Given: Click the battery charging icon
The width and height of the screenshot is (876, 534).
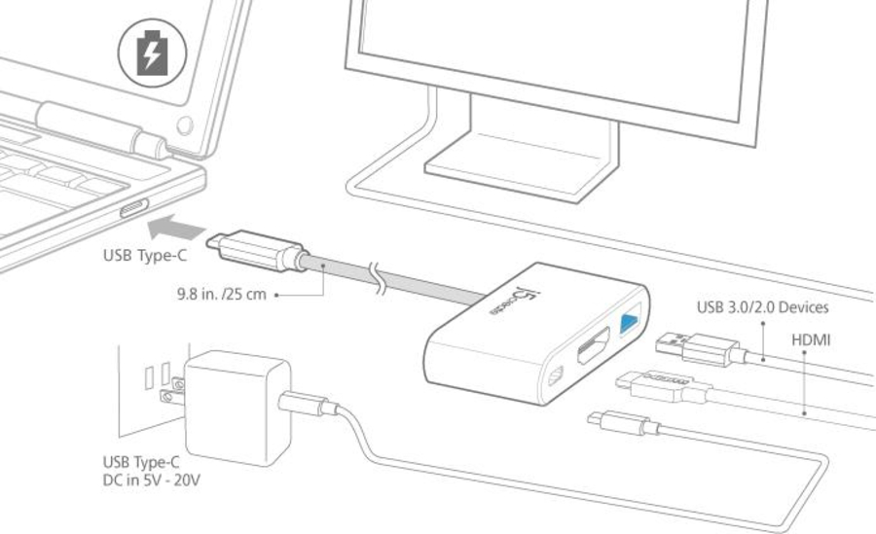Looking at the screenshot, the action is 152,53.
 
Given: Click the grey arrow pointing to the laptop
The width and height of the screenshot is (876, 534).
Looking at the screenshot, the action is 176,227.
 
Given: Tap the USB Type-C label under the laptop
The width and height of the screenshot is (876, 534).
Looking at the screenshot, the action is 145,255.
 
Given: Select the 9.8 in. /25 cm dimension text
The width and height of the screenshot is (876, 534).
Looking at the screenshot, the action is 222,294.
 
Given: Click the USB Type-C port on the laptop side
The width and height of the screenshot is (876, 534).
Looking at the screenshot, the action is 134,208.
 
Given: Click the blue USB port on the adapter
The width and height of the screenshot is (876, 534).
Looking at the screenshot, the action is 629,323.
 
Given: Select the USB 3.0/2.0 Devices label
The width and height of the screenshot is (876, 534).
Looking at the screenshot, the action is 762,307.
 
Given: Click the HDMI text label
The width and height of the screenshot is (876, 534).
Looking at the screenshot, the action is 811,339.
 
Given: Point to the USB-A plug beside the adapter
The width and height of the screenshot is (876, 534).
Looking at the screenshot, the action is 700,348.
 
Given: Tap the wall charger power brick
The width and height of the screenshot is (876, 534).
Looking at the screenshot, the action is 237,408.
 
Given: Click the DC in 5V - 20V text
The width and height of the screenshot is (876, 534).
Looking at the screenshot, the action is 152,480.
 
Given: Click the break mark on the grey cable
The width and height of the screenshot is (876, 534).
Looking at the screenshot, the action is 379,277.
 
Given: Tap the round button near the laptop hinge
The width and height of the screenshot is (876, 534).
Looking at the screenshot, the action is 185,125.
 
